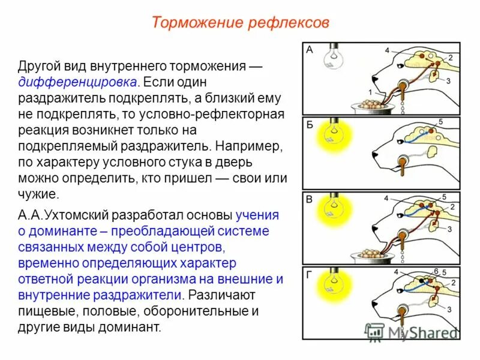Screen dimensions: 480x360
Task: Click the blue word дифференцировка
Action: coord(78,82)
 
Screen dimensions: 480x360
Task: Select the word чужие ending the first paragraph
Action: coord(38,194)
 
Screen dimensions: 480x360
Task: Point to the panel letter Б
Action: coord(310,125)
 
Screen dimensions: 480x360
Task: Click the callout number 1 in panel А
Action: coord(370,92)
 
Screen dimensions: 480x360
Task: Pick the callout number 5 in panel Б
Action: coord(440,122)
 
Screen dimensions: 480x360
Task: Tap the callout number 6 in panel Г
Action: coord(436,271)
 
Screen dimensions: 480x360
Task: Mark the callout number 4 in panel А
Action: coord(387,50)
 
